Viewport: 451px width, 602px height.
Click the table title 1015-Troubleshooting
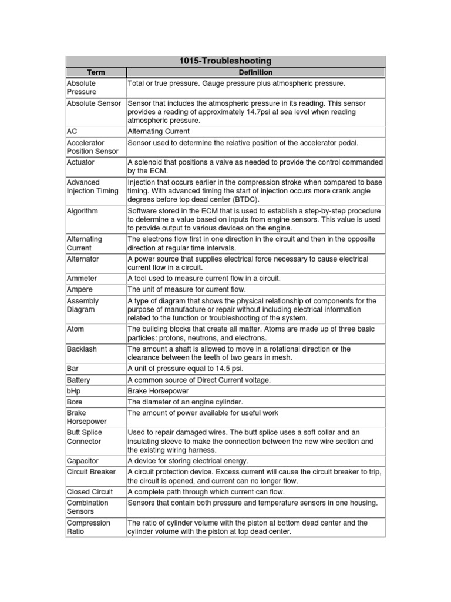point(225,61)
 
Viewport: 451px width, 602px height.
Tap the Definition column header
point(255,72)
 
